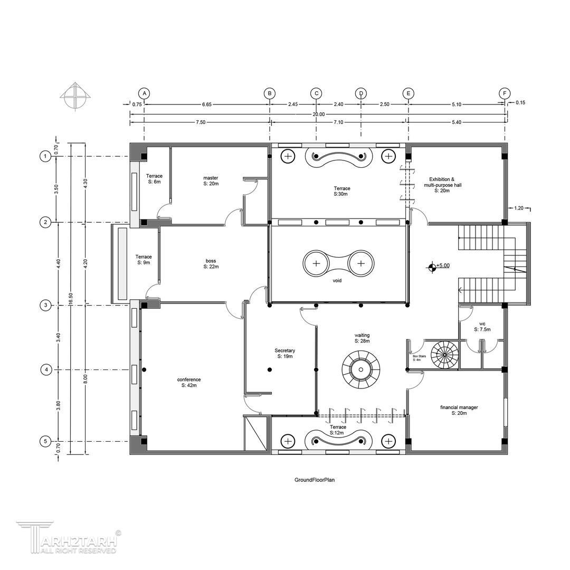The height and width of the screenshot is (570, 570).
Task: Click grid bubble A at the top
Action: [x=144, y=93]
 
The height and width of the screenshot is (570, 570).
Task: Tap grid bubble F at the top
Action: [x=505, y=93]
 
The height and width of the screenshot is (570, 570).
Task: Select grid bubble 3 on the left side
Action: [x=45, y=305]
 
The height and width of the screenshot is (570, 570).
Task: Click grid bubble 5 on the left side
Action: [x=45, y=441]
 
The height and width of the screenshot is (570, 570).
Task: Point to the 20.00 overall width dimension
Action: [x=319, y=114]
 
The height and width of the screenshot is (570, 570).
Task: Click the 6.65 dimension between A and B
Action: [x=207, y=104]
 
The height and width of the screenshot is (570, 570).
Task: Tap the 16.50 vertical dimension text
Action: [x=71, y=301]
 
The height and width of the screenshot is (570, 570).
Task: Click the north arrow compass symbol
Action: [x=75, y=97]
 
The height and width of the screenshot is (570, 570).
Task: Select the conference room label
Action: [x=189, y=382]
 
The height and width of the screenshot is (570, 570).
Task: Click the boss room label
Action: [x=211, y=263]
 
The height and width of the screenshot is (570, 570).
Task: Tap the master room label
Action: [x=211, y=180]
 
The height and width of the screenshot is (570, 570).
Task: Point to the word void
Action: [x=337, y=281]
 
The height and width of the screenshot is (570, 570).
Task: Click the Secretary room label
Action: [x=285, y=353]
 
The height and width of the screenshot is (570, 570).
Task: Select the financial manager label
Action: [x=459, y=410]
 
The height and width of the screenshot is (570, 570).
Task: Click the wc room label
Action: [x=482, y=327]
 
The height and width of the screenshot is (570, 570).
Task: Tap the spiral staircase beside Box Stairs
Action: [x=445, y=354]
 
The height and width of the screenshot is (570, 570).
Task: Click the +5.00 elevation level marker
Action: [x=438, y=267]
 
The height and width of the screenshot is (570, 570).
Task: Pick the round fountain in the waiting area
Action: [x=361, y=369]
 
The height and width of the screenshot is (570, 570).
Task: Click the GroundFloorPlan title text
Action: [x=315, y=480]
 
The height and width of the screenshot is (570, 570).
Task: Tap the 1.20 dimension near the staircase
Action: [x=519, y=208]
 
